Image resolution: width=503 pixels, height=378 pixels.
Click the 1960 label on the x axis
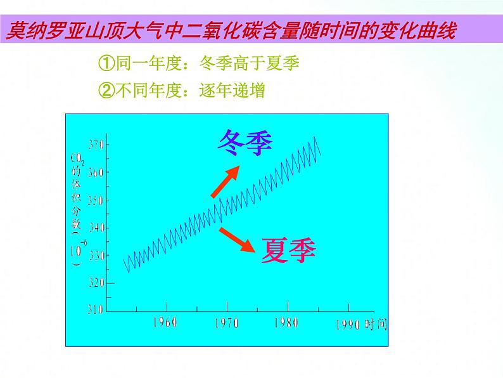[165, 322]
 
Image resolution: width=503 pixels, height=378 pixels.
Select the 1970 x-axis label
[226, 323]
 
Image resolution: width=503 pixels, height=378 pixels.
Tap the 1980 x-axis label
[286, 323]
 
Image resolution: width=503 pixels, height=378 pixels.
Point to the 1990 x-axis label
[347, 325]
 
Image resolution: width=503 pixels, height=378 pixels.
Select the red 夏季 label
[288, 249]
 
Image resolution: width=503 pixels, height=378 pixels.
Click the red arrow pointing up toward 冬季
[226, 180]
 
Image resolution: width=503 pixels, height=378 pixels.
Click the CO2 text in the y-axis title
[77, 158]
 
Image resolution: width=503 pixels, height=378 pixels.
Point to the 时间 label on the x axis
[375, 325]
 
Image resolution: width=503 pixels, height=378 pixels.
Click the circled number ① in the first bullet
[106, 63]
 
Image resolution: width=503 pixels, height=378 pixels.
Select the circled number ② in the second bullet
[106, 91]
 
